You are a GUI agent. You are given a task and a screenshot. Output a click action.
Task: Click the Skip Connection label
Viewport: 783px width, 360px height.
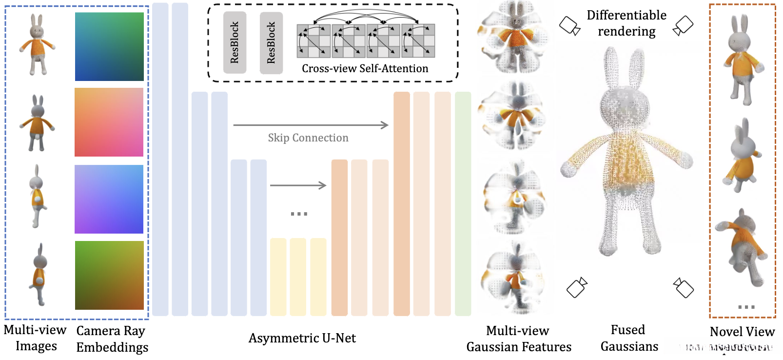pyautogui.click(x=308, y=138)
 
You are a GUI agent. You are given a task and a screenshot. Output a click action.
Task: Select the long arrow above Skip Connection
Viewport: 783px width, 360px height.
pyautogui.click(x=311, y=125)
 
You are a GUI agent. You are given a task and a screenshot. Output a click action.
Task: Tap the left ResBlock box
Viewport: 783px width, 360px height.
pyautogui.click(x=235, y=42)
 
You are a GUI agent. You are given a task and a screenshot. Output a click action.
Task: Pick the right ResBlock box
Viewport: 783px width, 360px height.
pyautogui.click(x=271, y=43)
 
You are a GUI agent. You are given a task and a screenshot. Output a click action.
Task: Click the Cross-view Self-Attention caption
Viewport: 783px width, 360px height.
pyautogui.click(x=365, y=68)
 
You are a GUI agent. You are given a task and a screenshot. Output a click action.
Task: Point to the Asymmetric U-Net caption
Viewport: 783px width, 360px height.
pyautogui.click(x=302, y=338)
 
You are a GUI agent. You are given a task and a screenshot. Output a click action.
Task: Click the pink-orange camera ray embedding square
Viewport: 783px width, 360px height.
pyautogui.click(x=109, y=122)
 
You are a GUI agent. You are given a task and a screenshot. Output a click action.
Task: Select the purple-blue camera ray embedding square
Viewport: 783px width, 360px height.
pyautogui.click(x=109, y=199)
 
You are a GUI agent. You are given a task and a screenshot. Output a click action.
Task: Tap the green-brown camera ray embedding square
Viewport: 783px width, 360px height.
pyautogui.click(x=109, y=275)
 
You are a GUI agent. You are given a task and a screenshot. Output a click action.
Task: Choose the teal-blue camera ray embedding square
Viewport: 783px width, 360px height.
pyautogui.click(x=109, y=46)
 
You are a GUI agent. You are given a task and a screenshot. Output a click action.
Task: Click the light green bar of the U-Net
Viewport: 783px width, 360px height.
pyautogui.click(x=463, y=203)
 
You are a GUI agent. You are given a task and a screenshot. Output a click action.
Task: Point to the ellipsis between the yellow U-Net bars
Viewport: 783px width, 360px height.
pyautogui.click(x=298, y=214)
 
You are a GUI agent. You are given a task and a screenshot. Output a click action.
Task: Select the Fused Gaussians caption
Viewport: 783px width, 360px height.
pyautogui.click(x=629, y=338)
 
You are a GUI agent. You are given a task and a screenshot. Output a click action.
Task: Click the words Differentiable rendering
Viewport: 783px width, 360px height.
pyautogui.click(x=626, y=23)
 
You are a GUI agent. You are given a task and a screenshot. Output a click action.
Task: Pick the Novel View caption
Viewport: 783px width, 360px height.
pyautogui.click(x=742, y=332)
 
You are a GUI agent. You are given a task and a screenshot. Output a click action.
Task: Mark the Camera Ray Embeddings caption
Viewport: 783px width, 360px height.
pyautogui.click(x=112, y=339)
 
